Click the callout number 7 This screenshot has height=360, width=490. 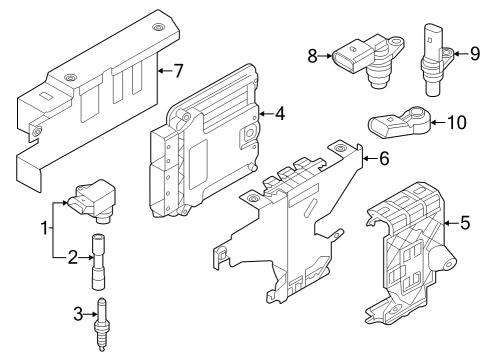point(178,71)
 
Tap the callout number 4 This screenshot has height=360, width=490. point(280,114)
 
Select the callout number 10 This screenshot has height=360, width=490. point(456,122)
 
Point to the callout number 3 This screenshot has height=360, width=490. point(78,314)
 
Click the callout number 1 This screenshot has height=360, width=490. point(44,228)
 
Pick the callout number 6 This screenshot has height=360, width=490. point(384,158)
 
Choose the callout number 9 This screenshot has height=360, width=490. point(475,53)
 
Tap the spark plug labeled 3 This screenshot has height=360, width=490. point(102,324)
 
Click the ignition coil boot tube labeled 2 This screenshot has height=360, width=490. point(98,261)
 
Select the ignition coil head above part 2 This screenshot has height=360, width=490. point(93,200)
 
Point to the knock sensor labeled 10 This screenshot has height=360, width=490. point(399,122)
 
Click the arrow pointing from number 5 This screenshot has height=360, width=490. point(451,223)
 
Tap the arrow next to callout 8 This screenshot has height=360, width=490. point(325,56)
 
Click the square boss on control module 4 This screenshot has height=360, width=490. point(248,134)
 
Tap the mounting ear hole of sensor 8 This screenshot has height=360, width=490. point(396,42)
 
